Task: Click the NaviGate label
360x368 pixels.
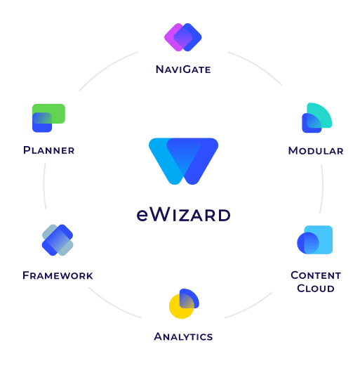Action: [x=183, y=70]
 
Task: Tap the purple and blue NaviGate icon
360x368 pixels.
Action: [x=183, y=37]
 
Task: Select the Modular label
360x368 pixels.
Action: [x=316, y=151]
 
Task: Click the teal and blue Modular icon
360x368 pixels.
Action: [x=317, y=117]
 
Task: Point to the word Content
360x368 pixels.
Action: [x=316, y=275]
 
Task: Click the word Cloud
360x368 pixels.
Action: [x=316, y=289]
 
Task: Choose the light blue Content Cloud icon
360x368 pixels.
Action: [x=314, y=239]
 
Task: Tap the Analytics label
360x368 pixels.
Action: [x=183, y=336]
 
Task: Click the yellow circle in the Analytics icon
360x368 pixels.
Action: [x=182, y=306]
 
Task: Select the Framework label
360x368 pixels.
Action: [x=58, y=275]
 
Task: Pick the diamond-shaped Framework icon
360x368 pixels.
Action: [x=58, y=240]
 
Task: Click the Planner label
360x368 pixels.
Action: [x=49, y=150]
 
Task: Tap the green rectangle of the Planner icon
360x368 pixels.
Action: [x=49, y=114]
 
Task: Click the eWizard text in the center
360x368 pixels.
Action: [x=183, y=215]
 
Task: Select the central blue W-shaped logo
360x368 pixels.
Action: [x=183, y=162]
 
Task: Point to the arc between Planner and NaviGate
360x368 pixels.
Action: [x=106, y=68]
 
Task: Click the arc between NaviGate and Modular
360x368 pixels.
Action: [x=258, y=65]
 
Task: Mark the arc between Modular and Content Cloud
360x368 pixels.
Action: [x=323, y=189]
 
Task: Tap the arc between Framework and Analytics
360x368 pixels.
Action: [x=114, y=305]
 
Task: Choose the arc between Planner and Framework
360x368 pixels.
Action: [x=44, y=185]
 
